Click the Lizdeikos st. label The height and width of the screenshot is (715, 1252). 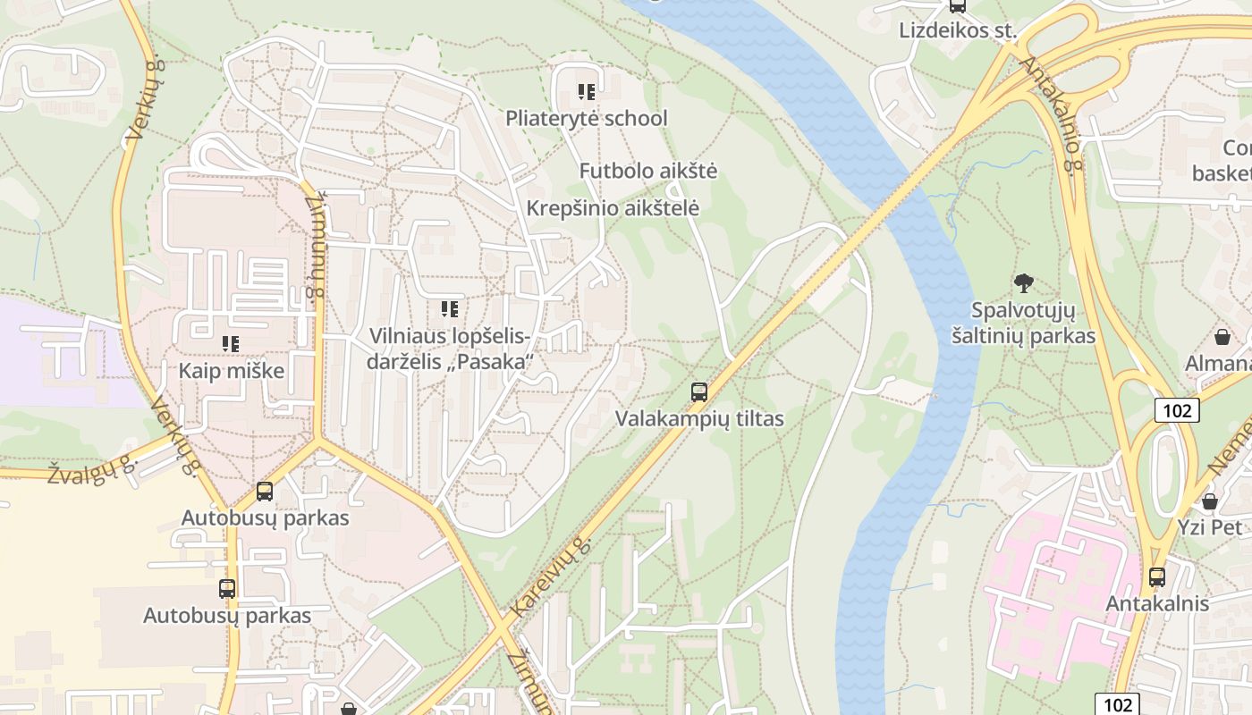(x=958, y=30)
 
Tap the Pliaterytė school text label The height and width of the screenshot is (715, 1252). (x=586, y=118)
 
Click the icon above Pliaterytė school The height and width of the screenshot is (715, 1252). (x=586, y=91)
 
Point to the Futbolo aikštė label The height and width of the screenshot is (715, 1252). (x=647, y=171)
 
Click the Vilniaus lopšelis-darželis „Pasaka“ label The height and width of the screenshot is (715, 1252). (x=451, y=349)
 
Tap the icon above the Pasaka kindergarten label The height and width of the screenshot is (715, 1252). (x=449, y=309)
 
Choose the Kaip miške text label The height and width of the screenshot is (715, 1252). (x=231, y=371)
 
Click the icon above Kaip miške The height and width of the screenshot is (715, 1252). (x=231, y=343)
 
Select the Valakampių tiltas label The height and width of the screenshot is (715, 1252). (x=698, y=418)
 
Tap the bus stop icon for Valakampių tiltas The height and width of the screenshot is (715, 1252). (x=698, y=391)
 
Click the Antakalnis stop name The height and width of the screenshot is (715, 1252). (x=1156, y=603)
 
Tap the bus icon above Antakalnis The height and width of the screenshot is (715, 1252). (x=1156, y=576)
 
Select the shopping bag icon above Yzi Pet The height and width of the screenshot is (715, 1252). (x=1209, y=500)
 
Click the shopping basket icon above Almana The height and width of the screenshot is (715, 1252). (x=1222, y=337)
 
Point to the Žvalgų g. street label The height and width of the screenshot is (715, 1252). (x=91, y=469)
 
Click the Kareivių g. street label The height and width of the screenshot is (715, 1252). (x=551, y=577)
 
